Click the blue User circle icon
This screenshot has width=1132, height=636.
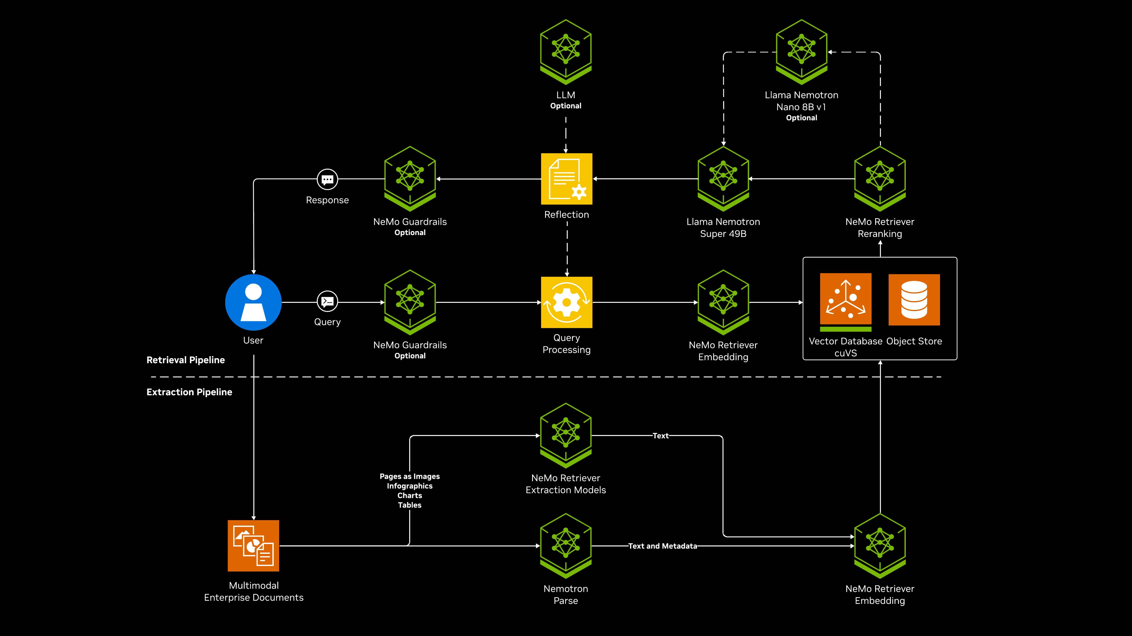[253, 302]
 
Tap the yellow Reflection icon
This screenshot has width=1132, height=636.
[566, 179]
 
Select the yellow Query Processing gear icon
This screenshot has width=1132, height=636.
[566, 302]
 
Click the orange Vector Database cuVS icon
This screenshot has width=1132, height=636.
[846, 299]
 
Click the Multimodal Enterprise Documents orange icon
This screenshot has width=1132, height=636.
[253, 545]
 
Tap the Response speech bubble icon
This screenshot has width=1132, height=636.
[327, 179]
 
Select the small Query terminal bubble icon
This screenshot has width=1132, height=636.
[327, 301]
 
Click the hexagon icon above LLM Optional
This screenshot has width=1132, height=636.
[566, 50]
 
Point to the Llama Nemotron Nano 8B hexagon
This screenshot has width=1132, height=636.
[801, 50]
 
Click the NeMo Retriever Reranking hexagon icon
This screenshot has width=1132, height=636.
[880, 178]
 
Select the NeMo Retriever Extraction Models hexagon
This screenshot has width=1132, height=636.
[566, 435]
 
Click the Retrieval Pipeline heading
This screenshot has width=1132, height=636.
[185, 360]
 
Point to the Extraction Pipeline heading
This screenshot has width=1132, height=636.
[189, 392]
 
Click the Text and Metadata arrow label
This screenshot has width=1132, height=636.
[662, 546]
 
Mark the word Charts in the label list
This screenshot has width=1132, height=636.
[410, 496]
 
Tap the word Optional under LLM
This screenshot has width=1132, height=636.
[566, 106]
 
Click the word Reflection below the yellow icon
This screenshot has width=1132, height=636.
[566, 215]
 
